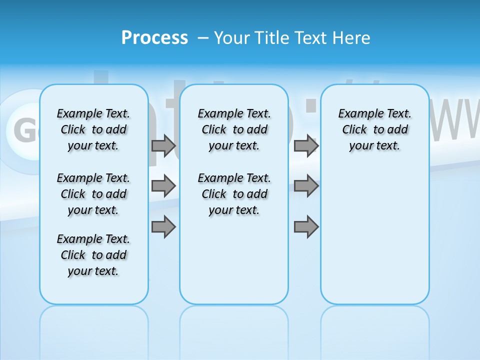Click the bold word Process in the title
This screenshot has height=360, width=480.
pos(154,38)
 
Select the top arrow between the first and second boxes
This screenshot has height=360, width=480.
pos(163,145)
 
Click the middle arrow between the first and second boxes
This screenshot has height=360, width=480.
pos(163,186)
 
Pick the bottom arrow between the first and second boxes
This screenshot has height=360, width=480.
pos(163,227)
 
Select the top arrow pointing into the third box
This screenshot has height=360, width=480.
pos(306,145)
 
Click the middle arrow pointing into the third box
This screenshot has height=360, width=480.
pos(306,186)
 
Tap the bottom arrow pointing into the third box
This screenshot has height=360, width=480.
pos(306,227)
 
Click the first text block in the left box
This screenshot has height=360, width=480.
pos(93,129)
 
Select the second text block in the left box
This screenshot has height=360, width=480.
pos(93,194)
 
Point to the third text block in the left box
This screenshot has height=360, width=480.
pos(93,255)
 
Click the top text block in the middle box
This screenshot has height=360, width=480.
pos(234,129)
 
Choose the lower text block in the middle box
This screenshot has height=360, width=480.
pos(234,194)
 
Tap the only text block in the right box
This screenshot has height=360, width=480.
pos(374,129)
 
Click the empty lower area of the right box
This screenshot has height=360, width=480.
pos(374,235)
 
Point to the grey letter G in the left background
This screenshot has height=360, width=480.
pos(22,130)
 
